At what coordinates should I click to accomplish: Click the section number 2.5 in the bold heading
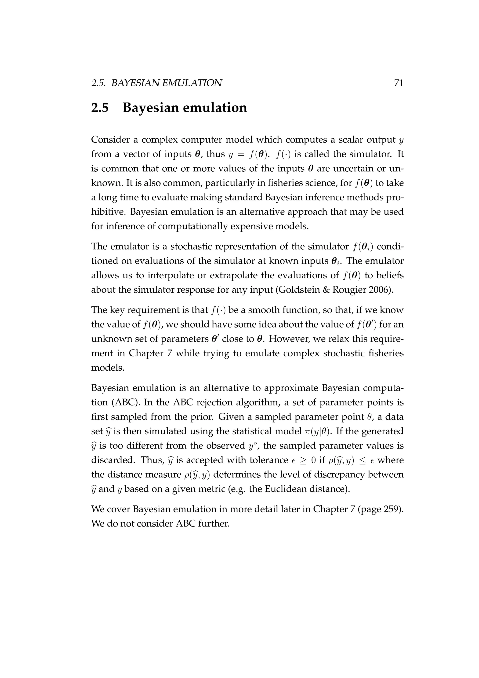pos(100,108)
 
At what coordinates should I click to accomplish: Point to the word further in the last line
pos(214,523)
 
